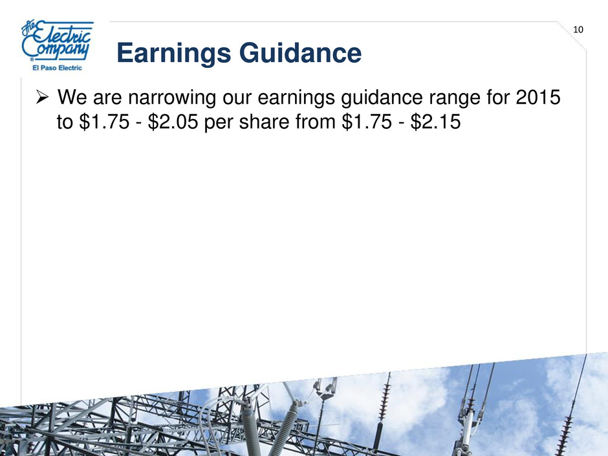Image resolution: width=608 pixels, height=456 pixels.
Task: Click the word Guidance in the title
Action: [301, 53]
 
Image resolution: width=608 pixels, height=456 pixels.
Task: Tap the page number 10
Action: [578, 30]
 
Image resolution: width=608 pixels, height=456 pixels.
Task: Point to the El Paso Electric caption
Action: [57, 68]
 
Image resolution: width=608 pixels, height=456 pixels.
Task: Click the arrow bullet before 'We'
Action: [42, 97]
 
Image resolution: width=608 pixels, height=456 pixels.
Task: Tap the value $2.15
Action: [435, 122]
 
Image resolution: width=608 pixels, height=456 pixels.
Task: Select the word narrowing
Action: [172, 98]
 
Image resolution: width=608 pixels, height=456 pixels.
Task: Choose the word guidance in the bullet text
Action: [382, 98]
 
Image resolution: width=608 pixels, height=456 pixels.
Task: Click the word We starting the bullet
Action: [72, 97]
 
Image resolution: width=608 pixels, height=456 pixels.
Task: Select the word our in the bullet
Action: [237, 99]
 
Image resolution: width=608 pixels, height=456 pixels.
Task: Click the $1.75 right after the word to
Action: [104, 122]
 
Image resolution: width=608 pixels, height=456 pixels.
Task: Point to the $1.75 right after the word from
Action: [367, 122]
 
